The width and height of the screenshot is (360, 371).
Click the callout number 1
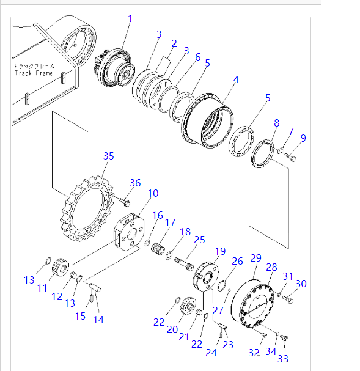pyautogui.click(x=130, y=19)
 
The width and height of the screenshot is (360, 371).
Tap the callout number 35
pyautogui.click(x=109, y=156)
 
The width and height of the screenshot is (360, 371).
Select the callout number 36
pyautogui.click(x=135, y=183)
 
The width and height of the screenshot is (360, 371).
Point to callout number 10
pyautogui.click(x=153, y=193)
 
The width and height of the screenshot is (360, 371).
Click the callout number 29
pyautogui.click(x=256, y=258)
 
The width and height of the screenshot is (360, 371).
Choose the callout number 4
pyautogui.click(x=236, y=79)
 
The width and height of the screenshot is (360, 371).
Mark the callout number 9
pyautogui.click(x=303, y=138)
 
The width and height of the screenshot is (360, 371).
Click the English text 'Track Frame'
pyautogui.click(x=34, y=73)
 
